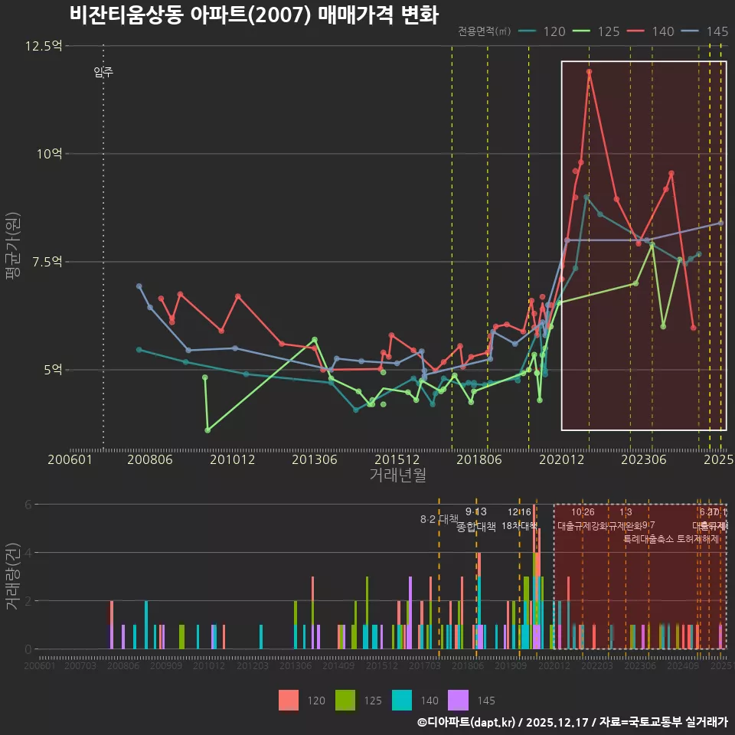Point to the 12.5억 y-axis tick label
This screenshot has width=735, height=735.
[43, 46]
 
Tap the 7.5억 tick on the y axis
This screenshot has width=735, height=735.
[46, 262]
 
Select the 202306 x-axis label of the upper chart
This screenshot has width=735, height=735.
[642, 459]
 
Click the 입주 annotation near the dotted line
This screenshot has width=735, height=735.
[103, 73]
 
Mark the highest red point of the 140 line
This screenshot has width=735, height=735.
[589, 72]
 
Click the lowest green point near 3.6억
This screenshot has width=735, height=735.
[207, 430]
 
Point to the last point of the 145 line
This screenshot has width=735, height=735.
[720, 223]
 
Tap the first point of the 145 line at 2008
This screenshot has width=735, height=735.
[139, 286]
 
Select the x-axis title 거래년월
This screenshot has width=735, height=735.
[397, 475]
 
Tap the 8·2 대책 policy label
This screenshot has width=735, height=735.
[438, 519]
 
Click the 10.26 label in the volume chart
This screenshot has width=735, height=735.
[583, 512]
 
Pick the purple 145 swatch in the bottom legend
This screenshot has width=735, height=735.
[458, 700]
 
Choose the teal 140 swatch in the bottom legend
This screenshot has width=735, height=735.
[401, 700]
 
